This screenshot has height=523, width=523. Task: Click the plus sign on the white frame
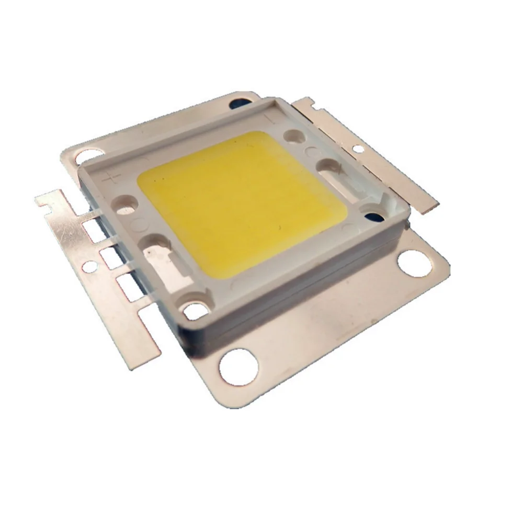pos(110,177)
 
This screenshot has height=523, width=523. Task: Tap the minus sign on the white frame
pos(269,118)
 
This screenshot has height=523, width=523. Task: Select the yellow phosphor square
pos(241,199)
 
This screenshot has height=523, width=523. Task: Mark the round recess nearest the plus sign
pos(127,203)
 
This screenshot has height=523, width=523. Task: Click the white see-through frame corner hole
pos(194,311)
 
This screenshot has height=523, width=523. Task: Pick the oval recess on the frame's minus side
pos(327,166)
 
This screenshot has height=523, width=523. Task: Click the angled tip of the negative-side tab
pos(419,204)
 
